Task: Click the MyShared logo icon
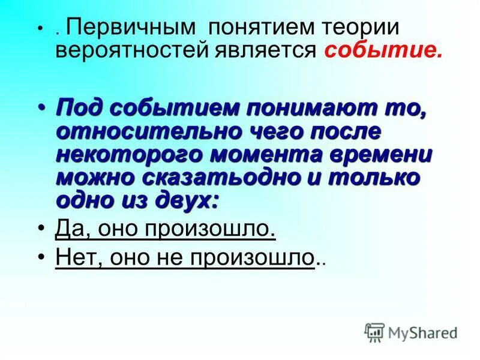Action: [374, 332]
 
